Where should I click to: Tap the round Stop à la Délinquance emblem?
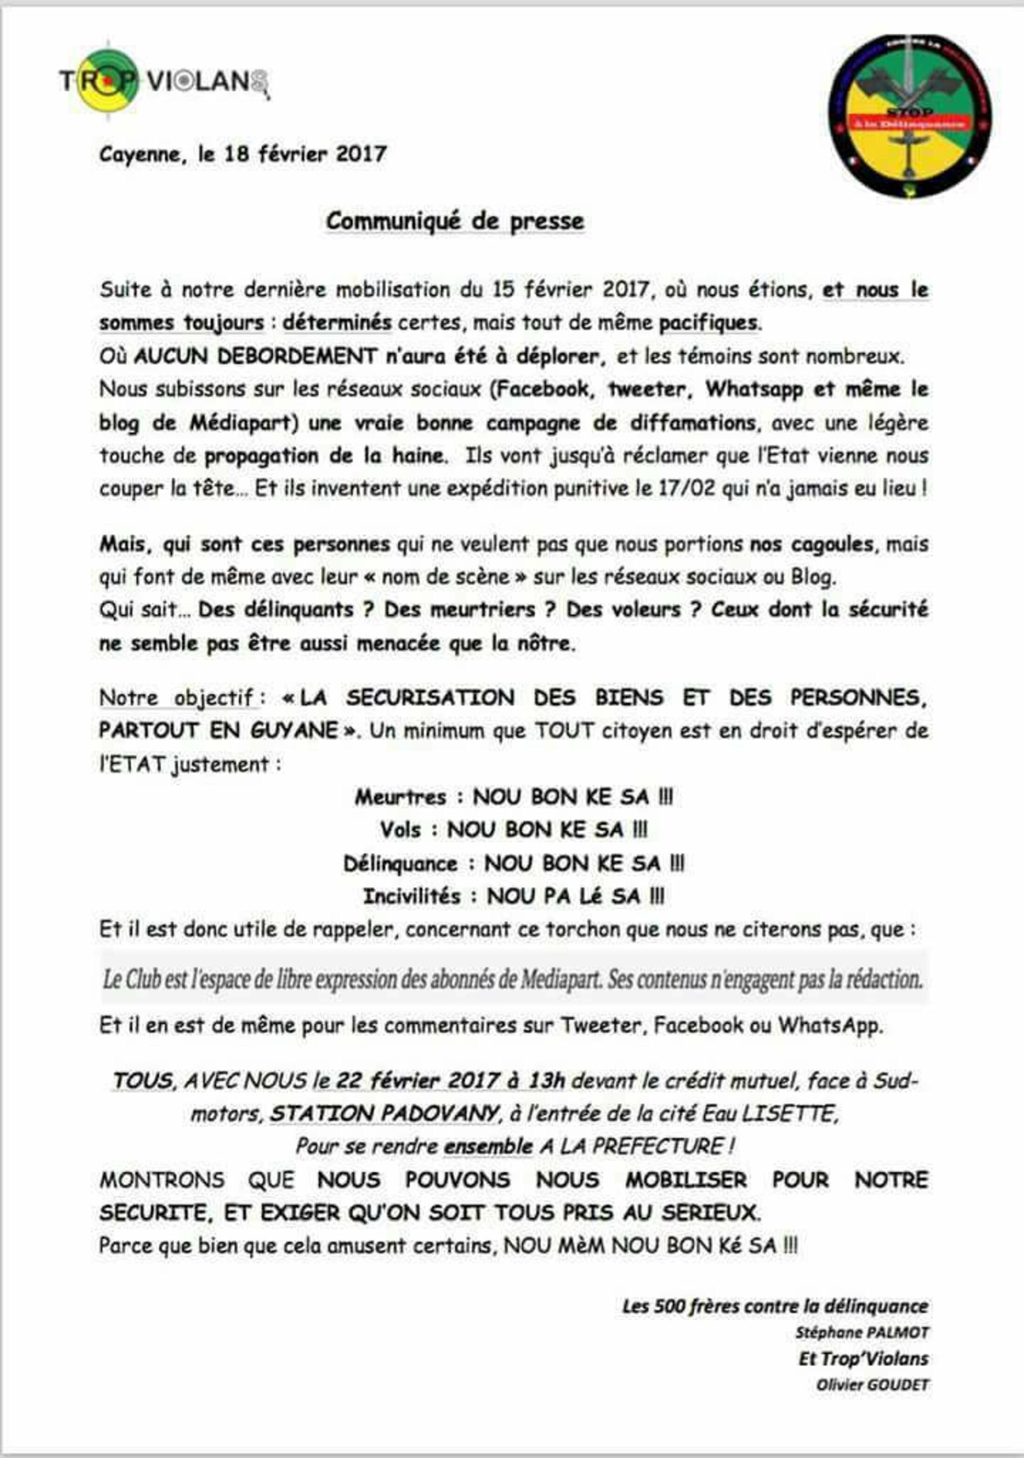coord(910,116)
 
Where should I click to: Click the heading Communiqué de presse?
coord(455,221)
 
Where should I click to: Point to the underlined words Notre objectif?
coord(176,698)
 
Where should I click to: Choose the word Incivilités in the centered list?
coord(411,896)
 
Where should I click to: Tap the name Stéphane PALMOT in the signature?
coord(862,1332)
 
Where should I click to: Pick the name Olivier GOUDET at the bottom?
coord(872,1384)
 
